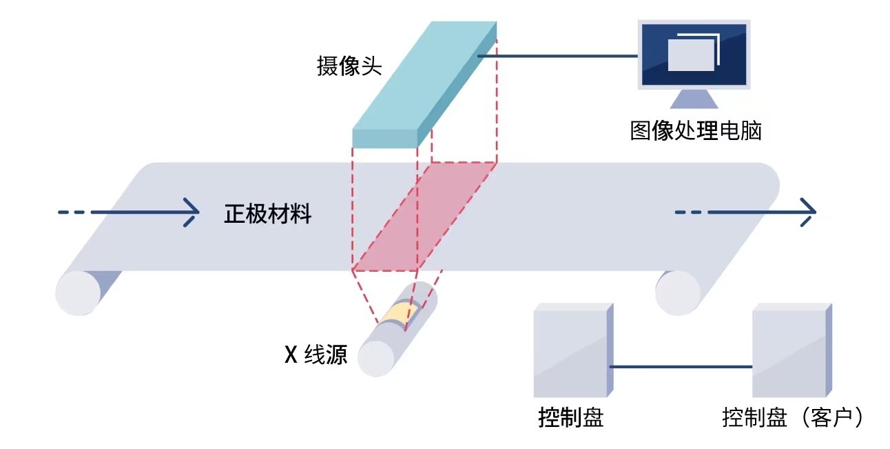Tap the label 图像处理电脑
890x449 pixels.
696,130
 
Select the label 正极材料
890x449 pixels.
268,214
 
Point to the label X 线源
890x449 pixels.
316,355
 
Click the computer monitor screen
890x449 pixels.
694,54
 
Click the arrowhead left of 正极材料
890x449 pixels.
191,212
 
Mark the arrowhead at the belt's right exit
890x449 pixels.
807,212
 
